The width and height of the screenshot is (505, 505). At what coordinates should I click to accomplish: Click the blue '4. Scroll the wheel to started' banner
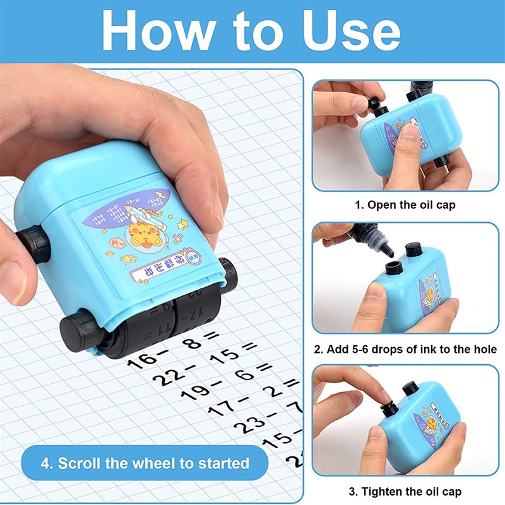point(145,463)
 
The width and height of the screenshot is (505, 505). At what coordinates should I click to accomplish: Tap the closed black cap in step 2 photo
point(414,250)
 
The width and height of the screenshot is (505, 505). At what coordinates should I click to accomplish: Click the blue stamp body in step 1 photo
point(404,136)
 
